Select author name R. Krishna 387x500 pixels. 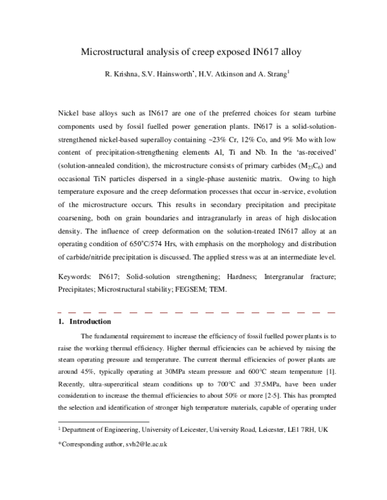[123, 73]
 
